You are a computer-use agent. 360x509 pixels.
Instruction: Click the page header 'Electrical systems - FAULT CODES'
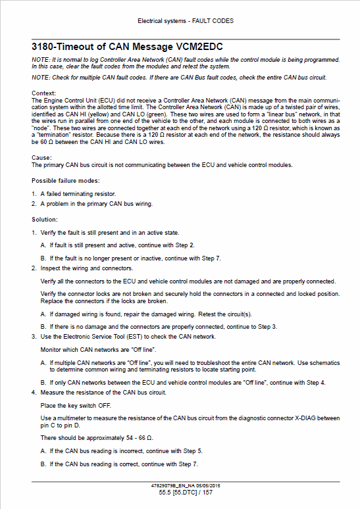click(186, 21)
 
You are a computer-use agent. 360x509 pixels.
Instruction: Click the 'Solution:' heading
click(45, 219)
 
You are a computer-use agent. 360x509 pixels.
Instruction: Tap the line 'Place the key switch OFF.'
click(76, 406)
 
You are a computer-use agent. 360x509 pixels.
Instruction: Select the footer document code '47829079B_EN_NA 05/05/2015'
click(186, 485)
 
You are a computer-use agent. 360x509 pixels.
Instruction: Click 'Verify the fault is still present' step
click(109, 233)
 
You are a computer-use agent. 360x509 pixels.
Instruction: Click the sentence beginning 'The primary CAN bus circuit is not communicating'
click(162, 164)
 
